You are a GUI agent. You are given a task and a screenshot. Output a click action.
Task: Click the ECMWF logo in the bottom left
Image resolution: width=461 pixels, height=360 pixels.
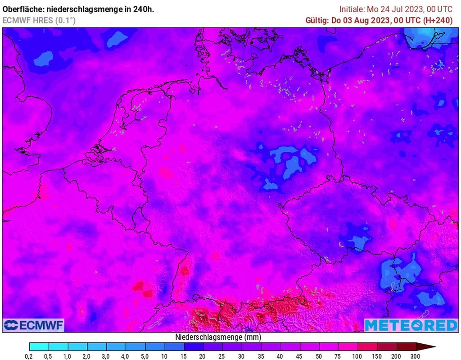click(34, 325)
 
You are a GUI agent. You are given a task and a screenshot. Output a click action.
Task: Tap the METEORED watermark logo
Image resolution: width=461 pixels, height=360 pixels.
click(411, 325)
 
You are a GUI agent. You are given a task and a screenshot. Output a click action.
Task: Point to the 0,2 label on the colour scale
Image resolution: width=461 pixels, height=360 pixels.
click(29, 356)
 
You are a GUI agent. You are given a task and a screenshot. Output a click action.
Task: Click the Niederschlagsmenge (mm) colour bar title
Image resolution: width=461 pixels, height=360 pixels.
click(218, 337)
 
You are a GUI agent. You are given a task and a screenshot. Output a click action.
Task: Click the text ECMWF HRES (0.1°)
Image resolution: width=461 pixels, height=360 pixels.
click(39, 20)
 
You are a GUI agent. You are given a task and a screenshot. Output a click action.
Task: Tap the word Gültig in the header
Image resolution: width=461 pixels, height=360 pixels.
click(317, 20)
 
